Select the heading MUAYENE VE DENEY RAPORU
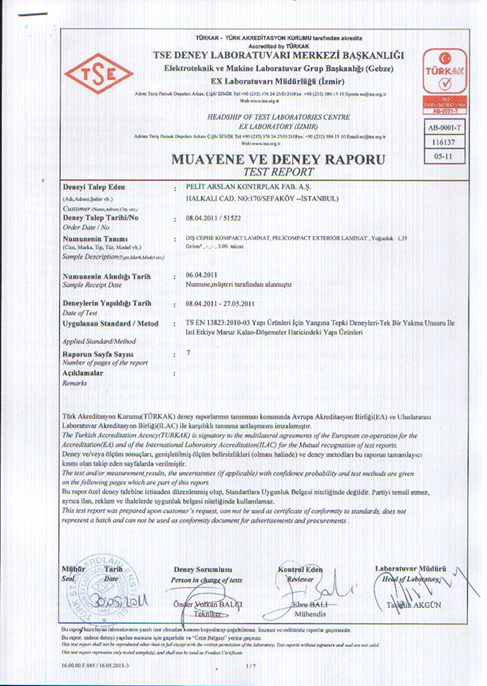(278, 160)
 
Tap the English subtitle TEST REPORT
(278, 171)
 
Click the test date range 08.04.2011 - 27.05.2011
(221, 304)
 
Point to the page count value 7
(188, 353)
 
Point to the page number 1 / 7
(253, 665)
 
